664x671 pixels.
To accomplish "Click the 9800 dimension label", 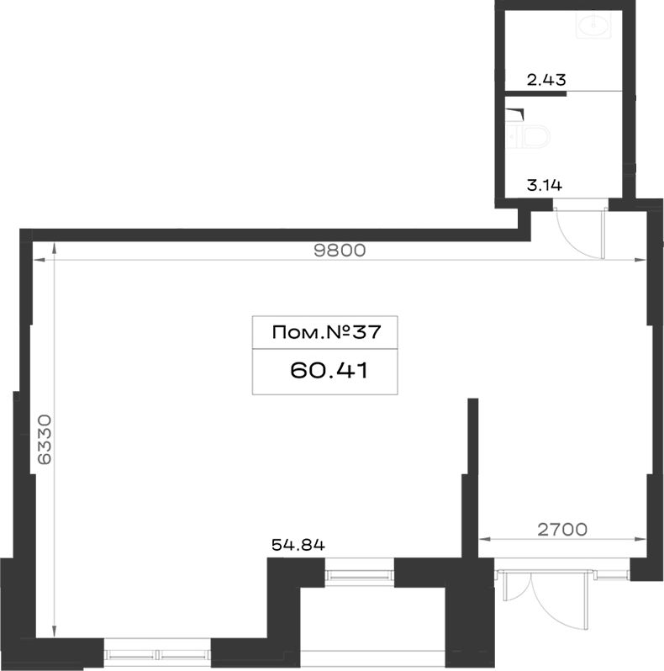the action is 340,251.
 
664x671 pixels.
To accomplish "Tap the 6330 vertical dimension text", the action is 45,439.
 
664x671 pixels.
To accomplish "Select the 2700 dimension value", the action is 562,530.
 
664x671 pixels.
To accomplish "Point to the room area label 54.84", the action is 298,545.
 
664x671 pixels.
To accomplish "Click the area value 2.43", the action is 546,80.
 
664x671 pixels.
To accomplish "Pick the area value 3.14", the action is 544,185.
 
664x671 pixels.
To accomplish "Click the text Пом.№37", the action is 326,332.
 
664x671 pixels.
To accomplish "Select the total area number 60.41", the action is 329,371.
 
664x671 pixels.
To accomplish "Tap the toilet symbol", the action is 528,136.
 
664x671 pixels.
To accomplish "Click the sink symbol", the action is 594,24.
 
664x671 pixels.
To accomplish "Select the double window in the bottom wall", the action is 157,654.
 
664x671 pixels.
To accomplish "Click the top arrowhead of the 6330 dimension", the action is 54,248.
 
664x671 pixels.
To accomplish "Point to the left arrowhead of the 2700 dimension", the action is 484,539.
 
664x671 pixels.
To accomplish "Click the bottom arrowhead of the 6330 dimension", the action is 54,631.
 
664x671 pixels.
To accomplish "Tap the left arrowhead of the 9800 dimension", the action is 39,260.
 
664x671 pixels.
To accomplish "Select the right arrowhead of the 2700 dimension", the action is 641,539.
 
